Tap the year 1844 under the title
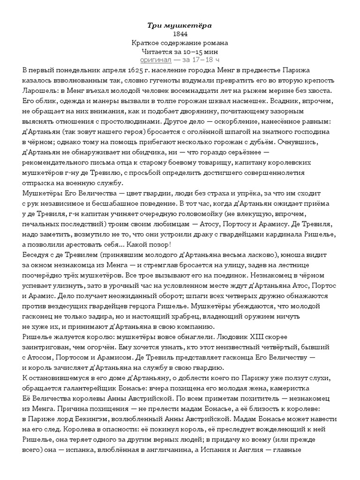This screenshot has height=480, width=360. click(x=180, y=34)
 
